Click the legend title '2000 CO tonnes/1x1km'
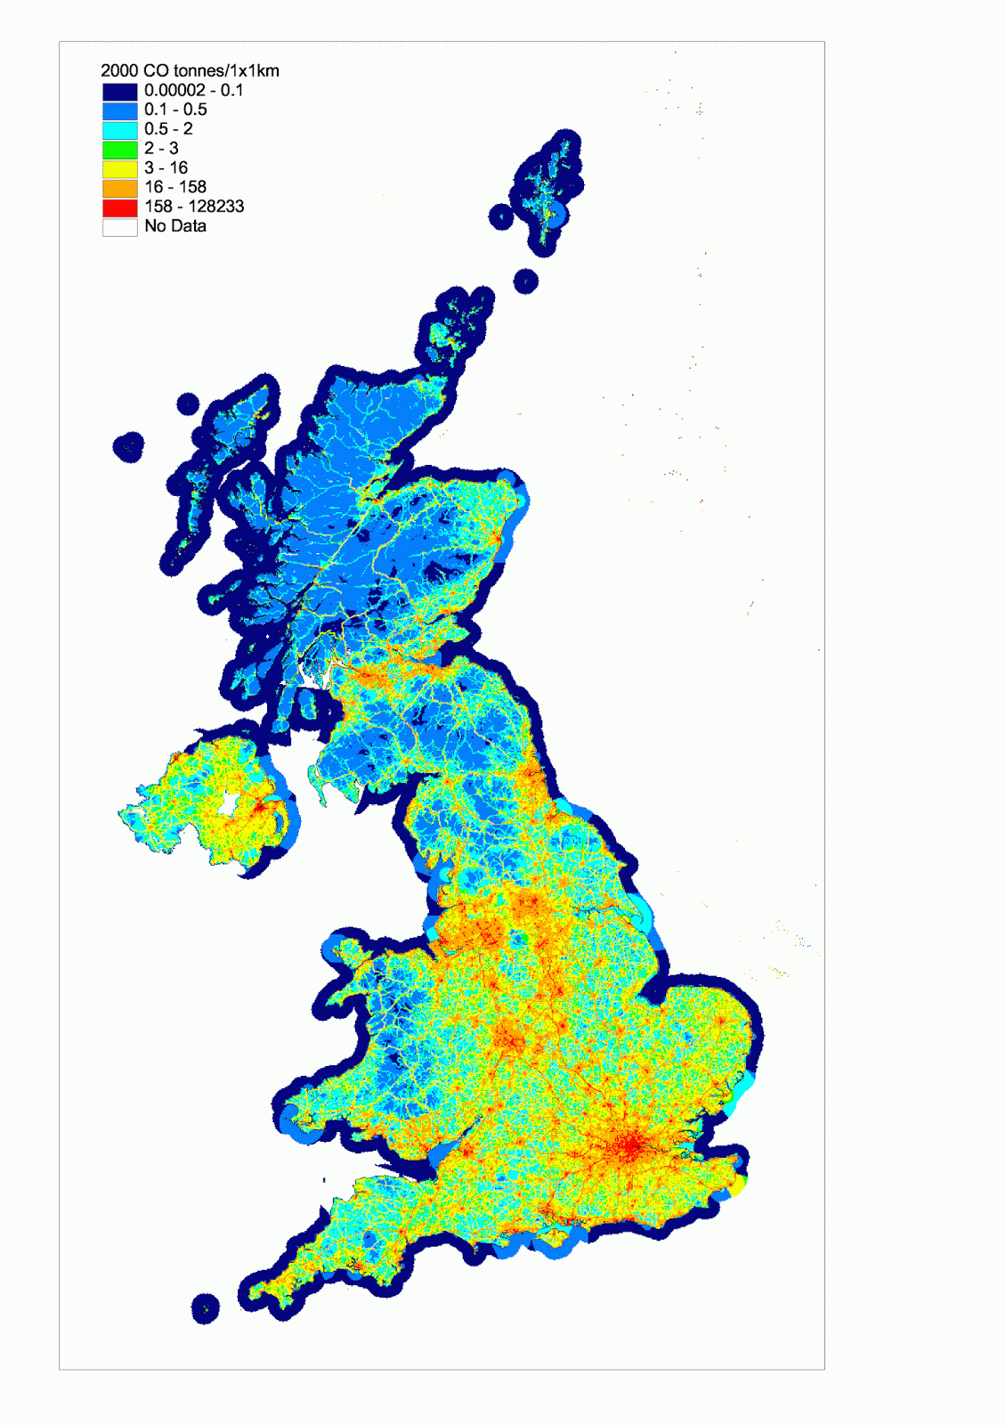pyautogui.click(x=190, y=70)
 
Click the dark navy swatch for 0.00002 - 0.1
pyautogui.click(x=119, y=91)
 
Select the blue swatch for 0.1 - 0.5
pyautogui.click(x=119, y=110)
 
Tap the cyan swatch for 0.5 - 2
pyautogui.click(x=119, y=130)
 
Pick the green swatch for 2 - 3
pyautogui.click(x=119, y=150)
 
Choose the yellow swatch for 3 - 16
pyautogui.click(x=119, y=168)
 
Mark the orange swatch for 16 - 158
pyautogui.click(x=119, y=188)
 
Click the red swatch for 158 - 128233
pyautogui.click(x=119, y=208)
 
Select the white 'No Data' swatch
pyautogui.click(x=119, y=227)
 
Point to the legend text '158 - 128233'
pyautogui.click(x=194, y=207)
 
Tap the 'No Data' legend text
pyautogui.click(x=175, y=226)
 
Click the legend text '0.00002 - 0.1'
pyautogui.click(x=193, y=90)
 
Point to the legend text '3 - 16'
pyautogui.click(x=166, y=167)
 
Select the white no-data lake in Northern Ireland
pyautogui.click(x=228, y=805)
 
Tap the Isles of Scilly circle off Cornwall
pyautogui.click(x=206, y=1308)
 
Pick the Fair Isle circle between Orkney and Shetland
pyautogui.click(x=526, y=282)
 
